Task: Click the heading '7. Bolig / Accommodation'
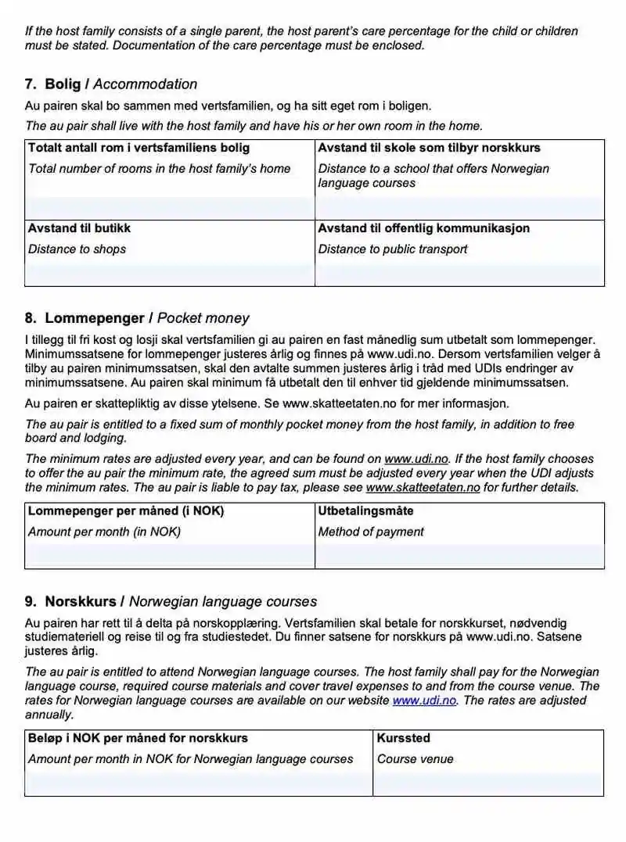pos(111,84)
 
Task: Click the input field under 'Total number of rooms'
pos(169,208)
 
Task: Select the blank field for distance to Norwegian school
pos(459,208)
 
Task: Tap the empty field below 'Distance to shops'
pos(169,274)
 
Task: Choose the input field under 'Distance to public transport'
pos(459,274)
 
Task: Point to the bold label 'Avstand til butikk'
pos(79,228)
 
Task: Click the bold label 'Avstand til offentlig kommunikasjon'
pos(423,228)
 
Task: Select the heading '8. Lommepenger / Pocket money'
pos(137,318)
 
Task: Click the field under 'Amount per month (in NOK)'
pos(169,556)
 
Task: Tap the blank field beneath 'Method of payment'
pos(459,556)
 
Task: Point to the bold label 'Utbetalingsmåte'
pos(365,511)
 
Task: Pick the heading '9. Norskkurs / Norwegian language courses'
pos(171,602)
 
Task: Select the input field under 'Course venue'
pos(488,783)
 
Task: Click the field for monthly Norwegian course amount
pos(199,783)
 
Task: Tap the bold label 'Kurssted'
pos(403,738)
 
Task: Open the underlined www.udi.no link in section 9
pos(414,700)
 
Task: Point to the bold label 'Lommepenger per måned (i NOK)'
pos(125,511)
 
